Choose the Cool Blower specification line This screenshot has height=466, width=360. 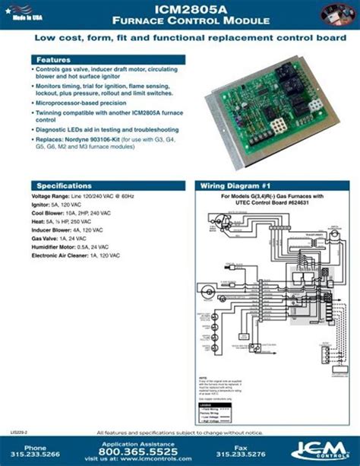73,214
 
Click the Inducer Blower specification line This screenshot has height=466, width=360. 69,230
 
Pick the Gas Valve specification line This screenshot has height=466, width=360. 59,238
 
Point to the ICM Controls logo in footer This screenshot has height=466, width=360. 314,450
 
